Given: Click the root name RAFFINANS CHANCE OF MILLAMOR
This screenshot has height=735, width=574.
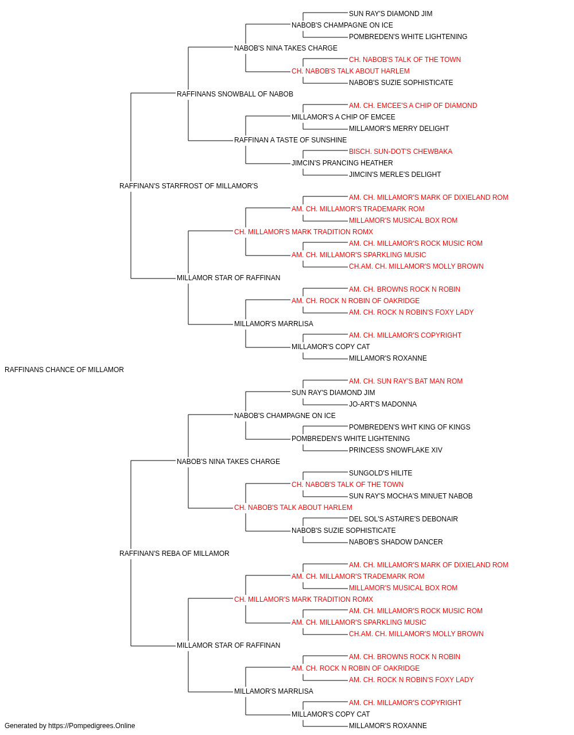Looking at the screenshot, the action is click(64, 370).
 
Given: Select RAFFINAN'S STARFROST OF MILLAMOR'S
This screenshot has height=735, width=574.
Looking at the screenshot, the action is click(189, 186).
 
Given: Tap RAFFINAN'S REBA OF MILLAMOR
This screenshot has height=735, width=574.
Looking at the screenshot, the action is click(174, 554).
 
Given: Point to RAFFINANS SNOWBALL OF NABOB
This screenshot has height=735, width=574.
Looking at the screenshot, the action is click(235, 94).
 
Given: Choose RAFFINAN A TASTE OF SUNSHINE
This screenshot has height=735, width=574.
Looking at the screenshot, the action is click(290, 140).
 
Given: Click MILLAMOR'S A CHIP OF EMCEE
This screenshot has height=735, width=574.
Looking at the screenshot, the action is click(343, 117).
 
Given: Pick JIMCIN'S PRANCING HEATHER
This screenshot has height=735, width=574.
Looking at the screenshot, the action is click(342, 163).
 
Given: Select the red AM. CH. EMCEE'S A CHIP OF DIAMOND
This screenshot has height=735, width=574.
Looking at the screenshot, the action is click(413, 106).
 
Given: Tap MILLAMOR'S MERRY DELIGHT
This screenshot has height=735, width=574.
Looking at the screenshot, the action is click(399, 129).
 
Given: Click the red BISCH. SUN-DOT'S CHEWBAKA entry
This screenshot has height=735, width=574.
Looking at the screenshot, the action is click(401, 152).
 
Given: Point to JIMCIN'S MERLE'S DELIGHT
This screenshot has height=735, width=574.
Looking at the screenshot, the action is click(395, 175).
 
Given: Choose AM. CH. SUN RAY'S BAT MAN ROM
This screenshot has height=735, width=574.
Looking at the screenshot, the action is click(406, 381).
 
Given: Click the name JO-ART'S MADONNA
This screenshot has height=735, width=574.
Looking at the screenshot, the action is click(383, 404).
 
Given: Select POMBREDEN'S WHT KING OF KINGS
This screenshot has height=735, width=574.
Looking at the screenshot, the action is click(409, 427).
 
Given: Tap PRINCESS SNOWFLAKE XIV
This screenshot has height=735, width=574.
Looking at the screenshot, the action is click(395, 450).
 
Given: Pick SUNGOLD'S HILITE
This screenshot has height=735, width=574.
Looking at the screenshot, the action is click(381, 473).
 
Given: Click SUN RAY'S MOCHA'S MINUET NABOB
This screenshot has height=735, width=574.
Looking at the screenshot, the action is click(411, 496).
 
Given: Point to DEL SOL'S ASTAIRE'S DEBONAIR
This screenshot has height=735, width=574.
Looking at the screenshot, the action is click(404, 519).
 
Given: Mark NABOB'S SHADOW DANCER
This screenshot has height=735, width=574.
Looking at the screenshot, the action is click(396, 542).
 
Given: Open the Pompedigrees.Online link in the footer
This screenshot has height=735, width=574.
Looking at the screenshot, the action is click(92, 726).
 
